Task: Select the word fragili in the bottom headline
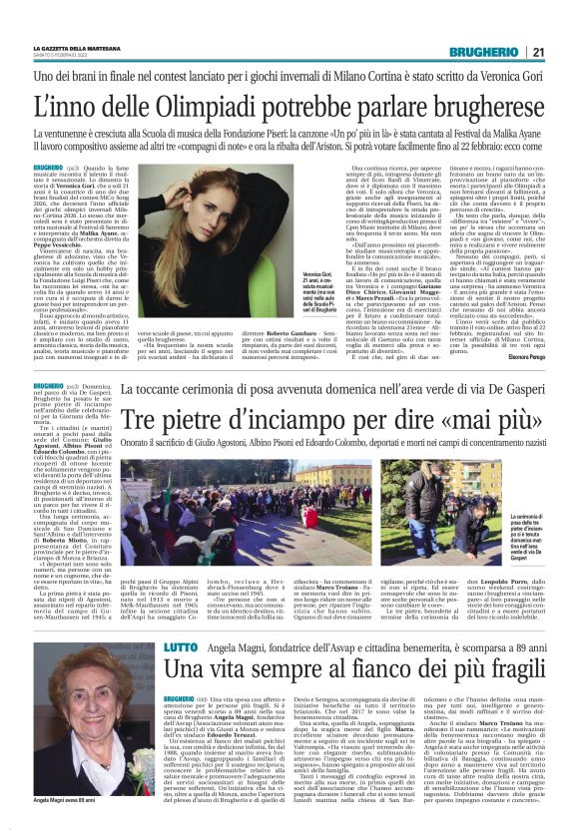coord(506,640)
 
